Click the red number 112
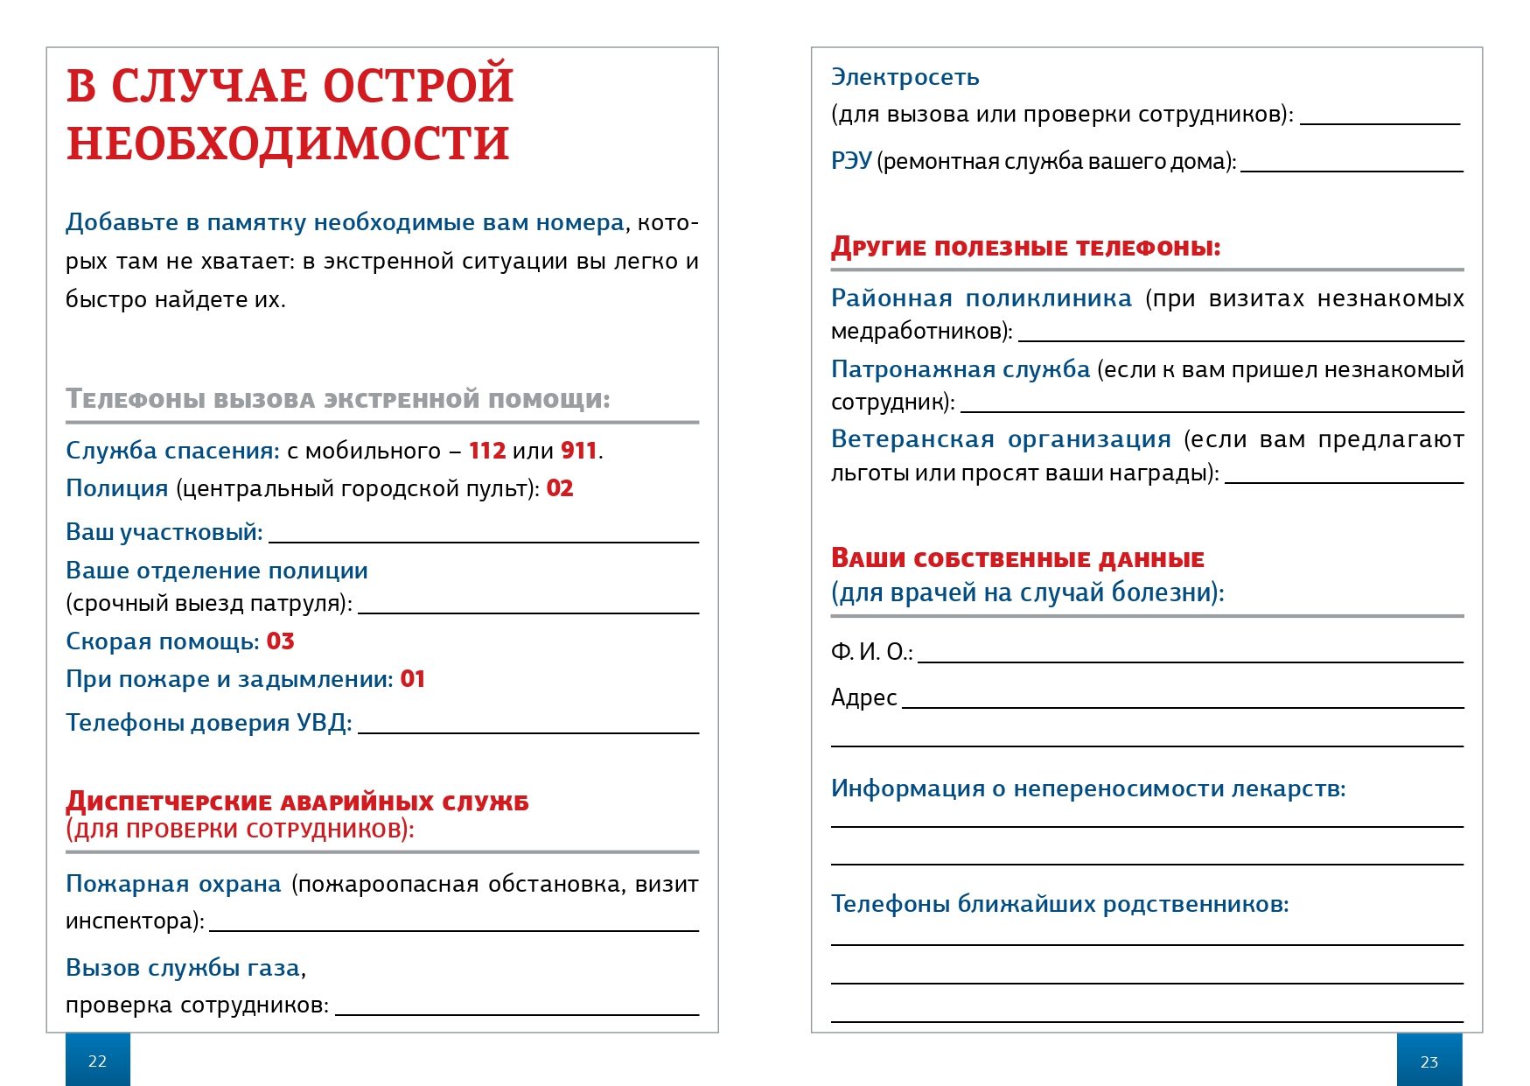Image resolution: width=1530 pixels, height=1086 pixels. (487, 451)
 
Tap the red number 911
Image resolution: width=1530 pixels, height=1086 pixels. (578, 451)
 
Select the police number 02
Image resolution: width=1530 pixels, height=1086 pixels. (560, 488)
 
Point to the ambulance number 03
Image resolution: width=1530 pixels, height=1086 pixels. (280, 641)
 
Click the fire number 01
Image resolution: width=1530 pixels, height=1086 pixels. (412, 679)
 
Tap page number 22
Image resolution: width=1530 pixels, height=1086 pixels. (97, 1061)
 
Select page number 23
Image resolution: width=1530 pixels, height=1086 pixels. (1429, 1061)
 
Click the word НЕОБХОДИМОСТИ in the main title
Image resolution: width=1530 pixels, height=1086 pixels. (288, 144)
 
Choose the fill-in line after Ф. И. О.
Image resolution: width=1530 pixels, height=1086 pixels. (1190, 661)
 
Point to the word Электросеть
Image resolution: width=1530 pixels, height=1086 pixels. (905, 77)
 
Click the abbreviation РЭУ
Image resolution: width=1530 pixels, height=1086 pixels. (850, 161)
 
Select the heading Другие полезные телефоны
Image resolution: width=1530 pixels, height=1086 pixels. (1025, 247)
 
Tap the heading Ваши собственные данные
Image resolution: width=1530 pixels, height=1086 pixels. (1017, 558)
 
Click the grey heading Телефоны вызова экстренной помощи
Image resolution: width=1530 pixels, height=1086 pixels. (338, 399)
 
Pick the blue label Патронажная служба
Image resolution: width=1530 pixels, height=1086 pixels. (961, 369)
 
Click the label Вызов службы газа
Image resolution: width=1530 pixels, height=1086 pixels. (183, 968)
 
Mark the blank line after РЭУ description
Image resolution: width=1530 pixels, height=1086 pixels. (1352, 170)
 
